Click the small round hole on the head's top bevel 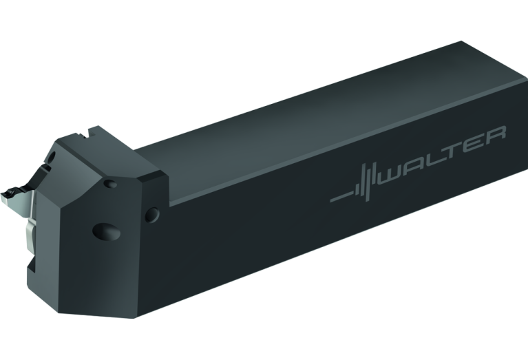pos(110,184)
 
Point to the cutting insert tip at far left pos(8,187)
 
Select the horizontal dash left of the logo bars pos(341,199)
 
